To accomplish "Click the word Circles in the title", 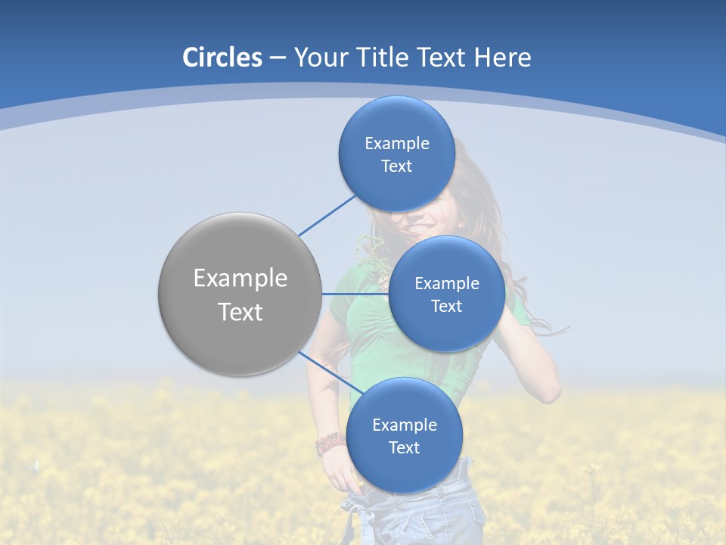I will [222, 58].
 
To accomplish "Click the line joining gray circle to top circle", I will [327, 215].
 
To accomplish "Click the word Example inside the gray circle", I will [240, 279].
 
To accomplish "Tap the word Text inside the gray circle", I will [240, 312].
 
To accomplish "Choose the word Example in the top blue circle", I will [397, 144].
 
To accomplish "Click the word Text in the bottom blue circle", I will [404, 448].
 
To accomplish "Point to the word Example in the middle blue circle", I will [447, 284].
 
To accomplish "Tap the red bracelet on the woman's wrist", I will [328, 444].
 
